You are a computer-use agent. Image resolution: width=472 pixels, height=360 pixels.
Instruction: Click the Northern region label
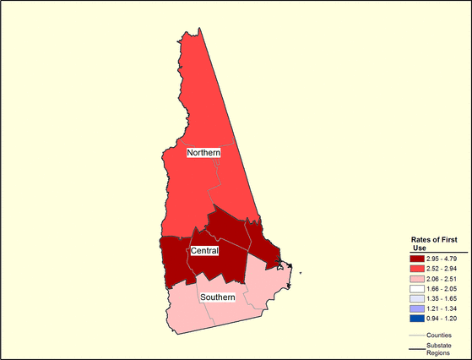[203, 152]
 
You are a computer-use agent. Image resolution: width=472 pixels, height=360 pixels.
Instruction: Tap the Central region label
[205, 251]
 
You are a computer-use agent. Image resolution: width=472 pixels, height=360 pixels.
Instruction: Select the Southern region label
[218, 297]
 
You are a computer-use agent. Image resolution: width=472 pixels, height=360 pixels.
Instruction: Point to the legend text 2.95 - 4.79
[442, 257]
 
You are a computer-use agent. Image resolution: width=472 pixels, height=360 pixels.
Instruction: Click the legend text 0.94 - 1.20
[442, 319]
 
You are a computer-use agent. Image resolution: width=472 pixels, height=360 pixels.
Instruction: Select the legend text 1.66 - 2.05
[442, 287]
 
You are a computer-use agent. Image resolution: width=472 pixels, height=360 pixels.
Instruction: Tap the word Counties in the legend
[439, 335]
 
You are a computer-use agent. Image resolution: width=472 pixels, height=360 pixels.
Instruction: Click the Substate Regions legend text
[439, 350]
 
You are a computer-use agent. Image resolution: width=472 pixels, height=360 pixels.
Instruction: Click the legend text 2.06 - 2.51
[442, 277]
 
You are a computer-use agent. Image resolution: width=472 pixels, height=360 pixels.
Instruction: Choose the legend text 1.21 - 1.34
[442, 308]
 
